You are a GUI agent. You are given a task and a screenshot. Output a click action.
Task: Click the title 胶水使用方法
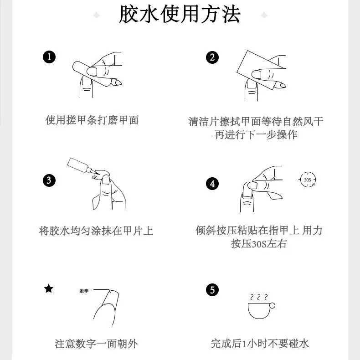[x=180, y=14]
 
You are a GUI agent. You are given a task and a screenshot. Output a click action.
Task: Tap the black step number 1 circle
[x=49, y=57]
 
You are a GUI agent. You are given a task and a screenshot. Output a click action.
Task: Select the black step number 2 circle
[x=212, y=57]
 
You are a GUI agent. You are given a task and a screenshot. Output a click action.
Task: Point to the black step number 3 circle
[x=49, y=180]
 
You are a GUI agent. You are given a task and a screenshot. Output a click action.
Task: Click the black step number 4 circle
[x=212, y=184]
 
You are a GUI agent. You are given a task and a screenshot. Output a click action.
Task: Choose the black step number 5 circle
[x=212, y=290]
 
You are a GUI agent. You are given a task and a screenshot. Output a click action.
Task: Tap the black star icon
[x=49, y=288]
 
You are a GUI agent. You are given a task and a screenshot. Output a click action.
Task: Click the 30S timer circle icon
[x=308, y=180]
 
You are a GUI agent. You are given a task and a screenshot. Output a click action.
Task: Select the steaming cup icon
[x=261, y=306]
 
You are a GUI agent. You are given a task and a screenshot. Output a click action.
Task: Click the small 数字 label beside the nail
[x=84, y=291]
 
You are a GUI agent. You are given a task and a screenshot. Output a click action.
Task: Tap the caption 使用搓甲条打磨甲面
[x=92, y=120]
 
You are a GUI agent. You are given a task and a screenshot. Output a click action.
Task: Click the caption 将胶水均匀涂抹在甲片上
[x=96, y=231]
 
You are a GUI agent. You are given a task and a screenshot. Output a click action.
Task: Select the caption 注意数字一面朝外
[x=96, y=344]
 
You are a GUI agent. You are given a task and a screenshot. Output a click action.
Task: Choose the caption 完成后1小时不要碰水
[x=260, y=344]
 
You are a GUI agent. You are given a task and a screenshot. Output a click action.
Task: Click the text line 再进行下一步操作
[x=256, y=134]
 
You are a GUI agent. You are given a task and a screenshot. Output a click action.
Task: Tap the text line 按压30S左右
[x=259, y=244]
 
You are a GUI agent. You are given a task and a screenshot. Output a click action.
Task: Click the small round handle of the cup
[x=273, y=306]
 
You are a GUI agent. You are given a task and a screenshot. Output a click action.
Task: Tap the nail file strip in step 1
[x=92, y=73]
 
